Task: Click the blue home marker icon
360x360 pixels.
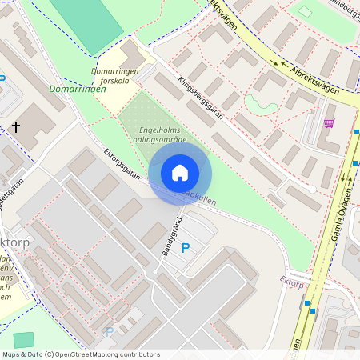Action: click(x=180, y=172)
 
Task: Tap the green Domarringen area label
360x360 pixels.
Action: click(x=77, y=90)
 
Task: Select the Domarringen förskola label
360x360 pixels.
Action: click(x=115, y=75)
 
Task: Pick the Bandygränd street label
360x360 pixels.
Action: click(x=173, y=236)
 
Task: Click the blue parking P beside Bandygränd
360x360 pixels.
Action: click(x=186, y=248)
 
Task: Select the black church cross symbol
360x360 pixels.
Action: click(x=16, y=127)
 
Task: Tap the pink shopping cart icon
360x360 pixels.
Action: click(x=329, y=123)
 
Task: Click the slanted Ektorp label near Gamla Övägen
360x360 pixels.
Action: click(x=292, y=282)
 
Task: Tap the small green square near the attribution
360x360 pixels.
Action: click(x=25, y=340)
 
